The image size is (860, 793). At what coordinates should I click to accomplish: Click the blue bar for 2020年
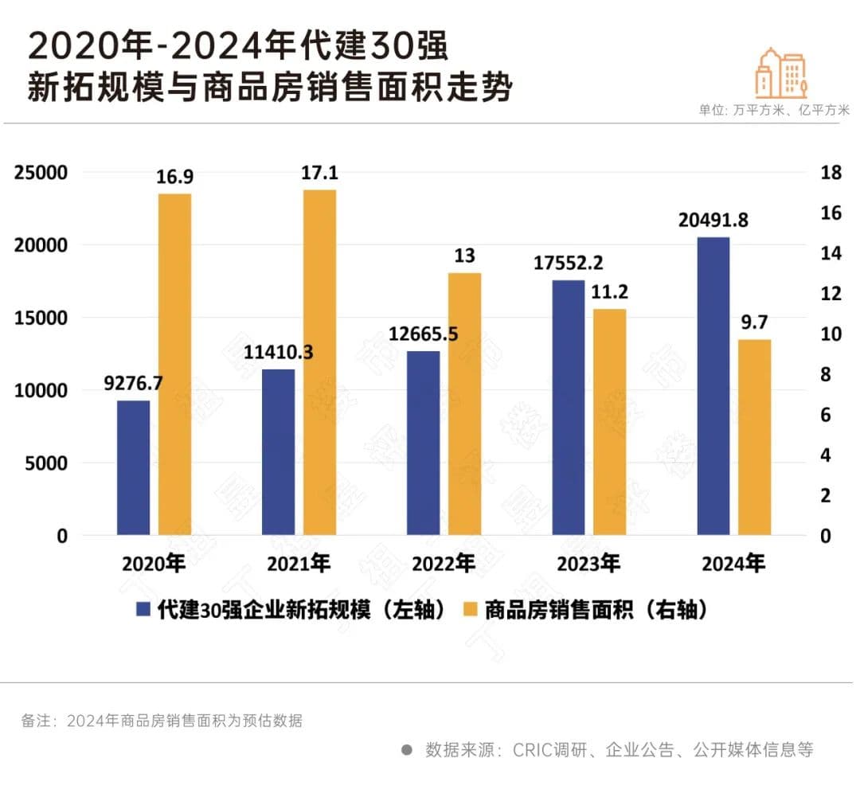coord(133,467)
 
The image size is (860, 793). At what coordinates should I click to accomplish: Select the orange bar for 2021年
coord(319,362)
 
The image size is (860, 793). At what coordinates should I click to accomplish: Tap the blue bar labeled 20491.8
coord(713,386)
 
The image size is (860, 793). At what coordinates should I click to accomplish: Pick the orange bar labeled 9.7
coord(754,437)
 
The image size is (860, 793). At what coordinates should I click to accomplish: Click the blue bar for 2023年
coord(568,407)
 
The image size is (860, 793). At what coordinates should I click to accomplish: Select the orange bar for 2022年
coord(464,404)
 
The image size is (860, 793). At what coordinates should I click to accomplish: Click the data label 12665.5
coord(423,334)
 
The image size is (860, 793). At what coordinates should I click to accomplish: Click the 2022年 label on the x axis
coord(443,564)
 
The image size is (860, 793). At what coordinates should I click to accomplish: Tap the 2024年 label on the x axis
coord(733,564)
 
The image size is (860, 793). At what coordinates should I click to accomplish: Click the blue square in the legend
coord(143,609)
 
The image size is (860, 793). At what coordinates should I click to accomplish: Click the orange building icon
coord(781,72)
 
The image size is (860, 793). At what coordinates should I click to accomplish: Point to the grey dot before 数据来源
coord(406,749)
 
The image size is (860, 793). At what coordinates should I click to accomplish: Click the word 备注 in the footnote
coord(34,721)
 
